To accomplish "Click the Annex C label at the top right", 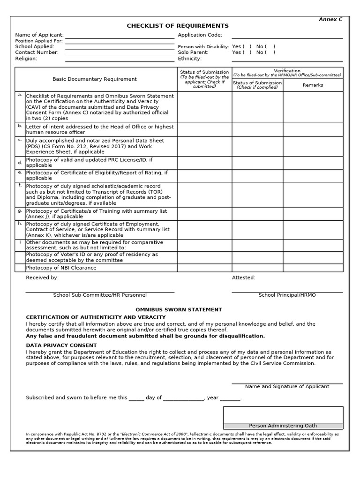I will click(330, 19).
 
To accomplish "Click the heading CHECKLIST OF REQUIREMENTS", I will click(178, 26).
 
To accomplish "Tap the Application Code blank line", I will click(287, 36).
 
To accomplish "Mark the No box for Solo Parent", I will click(270, 52).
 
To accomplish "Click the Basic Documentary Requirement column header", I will click(95, 79).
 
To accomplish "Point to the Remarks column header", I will click(313, 85).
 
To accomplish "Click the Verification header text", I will click(287, 71).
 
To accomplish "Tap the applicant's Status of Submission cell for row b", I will click(204, 129).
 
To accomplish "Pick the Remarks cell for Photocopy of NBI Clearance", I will click(313, 268).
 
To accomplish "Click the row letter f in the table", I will click(20, 185).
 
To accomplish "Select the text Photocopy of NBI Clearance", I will click(61, 268).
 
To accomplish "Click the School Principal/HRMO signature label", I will click(287, 295).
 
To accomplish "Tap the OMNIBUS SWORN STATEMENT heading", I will click(179, 310).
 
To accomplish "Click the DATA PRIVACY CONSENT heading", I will click(61, 345).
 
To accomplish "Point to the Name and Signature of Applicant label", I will click(287, 387).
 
